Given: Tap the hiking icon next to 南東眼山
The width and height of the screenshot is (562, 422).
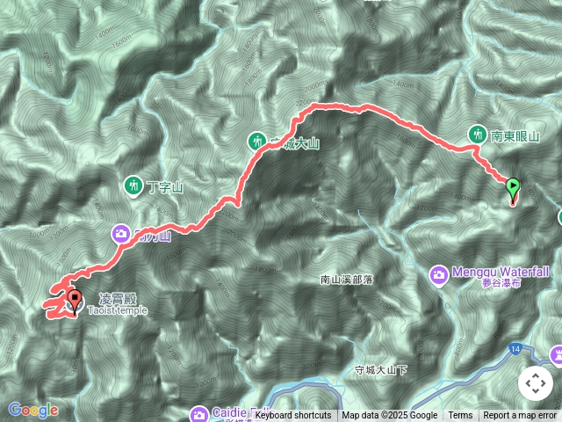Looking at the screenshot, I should [477, 135].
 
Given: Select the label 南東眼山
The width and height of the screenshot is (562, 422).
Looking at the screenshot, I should [513, 135].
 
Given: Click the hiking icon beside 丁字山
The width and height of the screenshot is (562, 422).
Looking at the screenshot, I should [133, 186].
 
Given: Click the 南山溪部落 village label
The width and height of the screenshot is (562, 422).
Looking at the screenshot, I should [347, 280].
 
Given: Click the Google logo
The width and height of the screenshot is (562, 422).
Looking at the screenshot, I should [32, 410].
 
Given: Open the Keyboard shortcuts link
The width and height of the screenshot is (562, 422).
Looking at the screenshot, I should [293, 416].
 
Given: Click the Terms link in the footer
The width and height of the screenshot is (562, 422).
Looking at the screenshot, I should [460, 416].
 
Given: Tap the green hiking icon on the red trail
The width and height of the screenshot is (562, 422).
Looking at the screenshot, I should [256, 140].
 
